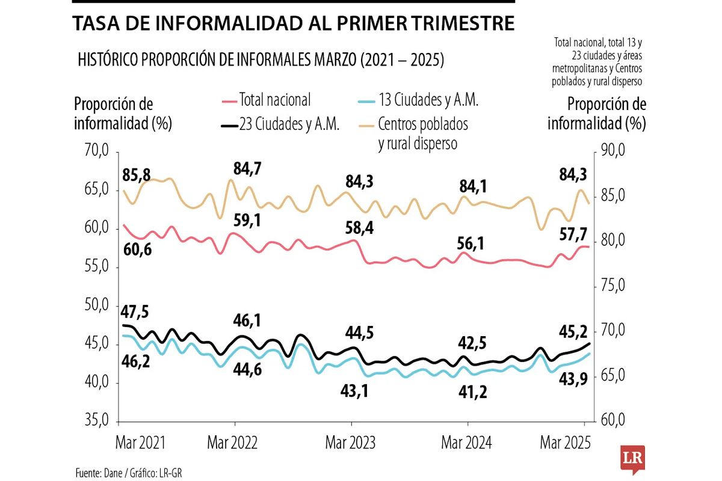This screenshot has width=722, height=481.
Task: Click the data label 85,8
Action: [137, 176]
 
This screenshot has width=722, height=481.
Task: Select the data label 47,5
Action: [135, 312]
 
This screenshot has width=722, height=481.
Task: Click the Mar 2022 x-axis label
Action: [232, 443]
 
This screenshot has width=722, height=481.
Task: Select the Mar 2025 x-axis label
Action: [565, 443]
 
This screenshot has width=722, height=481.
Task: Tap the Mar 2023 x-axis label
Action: [350, 443]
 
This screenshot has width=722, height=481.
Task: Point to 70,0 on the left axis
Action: [96, 151]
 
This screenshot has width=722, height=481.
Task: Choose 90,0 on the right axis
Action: [614, 151]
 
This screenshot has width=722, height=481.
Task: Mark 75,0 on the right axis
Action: [614, 286]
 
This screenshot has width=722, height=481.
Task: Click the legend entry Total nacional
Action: [275, 100]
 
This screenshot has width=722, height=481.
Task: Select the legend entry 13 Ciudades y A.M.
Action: [428, 100]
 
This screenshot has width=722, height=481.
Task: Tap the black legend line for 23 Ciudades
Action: [229, 126]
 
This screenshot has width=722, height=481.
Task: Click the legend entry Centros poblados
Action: [423, 125]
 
